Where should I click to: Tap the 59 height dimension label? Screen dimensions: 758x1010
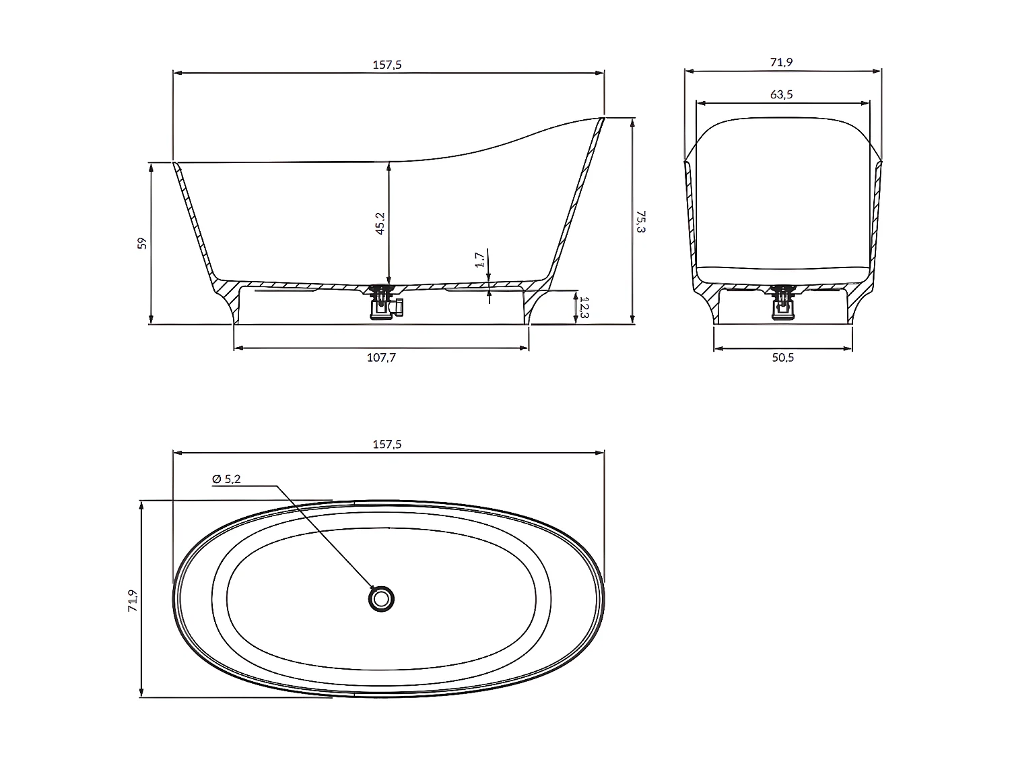pos(142,243)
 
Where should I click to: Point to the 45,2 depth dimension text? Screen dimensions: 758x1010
pos(380,223)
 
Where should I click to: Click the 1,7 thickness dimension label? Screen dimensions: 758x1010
pos(479,259)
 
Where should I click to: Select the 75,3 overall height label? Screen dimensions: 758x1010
pos(640,221)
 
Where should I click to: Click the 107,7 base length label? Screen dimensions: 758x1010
pos(381,358)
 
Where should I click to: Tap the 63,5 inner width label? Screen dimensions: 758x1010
pos(781,94)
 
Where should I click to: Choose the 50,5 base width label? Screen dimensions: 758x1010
pos(782,358)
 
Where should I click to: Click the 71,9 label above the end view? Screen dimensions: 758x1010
pos(781,62)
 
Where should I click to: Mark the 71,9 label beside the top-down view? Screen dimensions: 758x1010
pos(133,600)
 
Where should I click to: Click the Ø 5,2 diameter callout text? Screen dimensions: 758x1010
pos(226,479)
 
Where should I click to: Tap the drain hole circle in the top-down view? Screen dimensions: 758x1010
pos(381,598)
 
